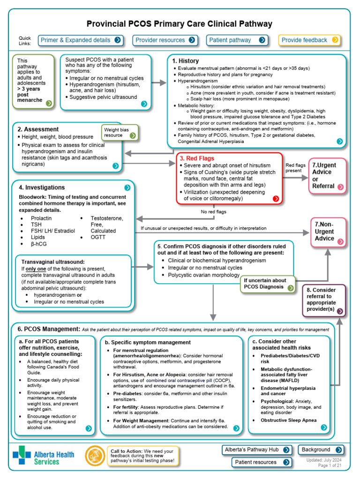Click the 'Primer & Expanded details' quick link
(81, 40)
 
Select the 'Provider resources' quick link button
(165, 40)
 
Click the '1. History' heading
(185, 61)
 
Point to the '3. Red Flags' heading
(197, 158)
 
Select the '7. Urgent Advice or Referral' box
(328, 175)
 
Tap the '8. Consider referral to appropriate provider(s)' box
(324, 300)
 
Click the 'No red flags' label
(213, 212)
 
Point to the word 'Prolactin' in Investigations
(41, 219)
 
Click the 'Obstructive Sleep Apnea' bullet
(289, 420)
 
